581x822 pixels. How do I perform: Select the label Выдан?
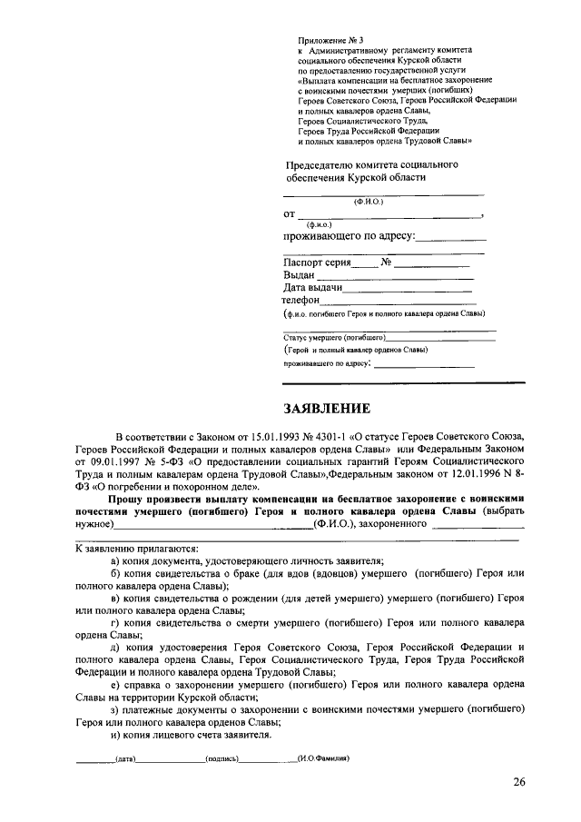coord(299,275)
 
